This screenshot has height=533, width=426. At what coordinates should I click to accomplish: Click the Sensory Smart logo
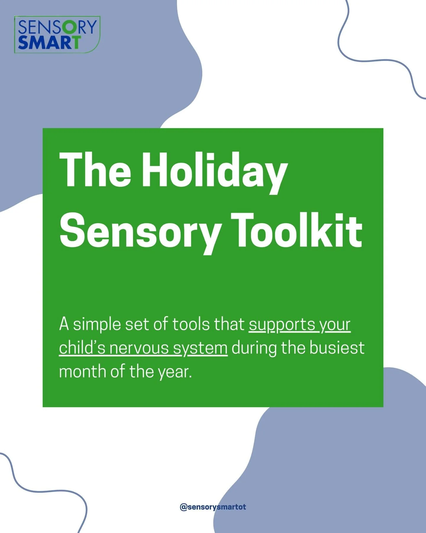click(57, 35)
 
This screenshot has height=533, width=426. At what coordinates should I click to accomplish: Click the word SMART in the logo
click(49, 43)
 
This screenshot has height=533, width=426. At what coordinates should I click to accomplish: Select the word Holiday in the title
click(214, 172)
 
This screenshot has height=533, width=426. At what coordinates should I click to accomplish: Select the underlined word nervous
click(139, 348)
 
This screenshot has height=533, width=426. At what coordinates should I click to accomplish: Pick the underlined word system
click(200, 349)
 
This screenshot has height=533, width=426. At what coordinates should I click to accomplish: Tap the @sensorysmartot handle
click(213, 507)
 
